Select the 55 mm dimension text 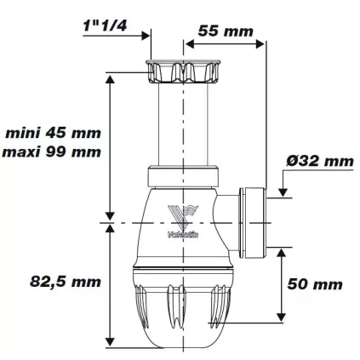click(226, 31)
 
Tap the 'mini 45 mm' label click(52, 133)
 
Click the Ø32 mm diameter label click(321, 161)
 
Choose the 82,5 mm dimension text click(52, 281)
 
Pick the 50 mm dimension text click(317, 283)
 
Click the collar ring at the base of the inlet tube click(180, 178)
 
